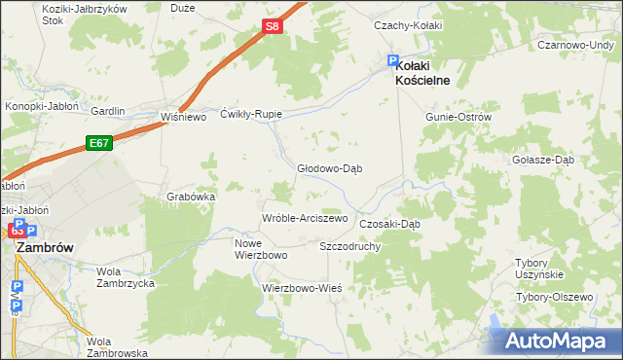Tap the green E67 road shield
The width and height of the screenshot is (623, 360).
(97, 142)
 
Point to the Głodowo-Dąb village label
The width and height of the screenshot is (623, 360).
(329, 167)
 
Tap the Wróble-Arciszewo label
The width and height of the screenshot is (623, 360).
(304, 218)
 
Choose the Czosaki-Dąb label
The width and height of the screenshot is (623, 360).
(389, 223)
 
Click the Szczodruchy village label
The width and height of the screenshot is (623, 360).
(349, 247)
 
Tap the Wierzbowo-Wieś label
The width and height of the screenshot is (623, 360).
(301, 289)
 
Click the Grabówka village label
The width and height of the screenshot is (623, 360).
(190, 197)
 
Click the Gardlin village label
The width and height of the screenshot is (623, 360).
(107, 111)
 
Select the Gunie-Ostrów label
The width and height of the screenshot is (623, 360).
(458, 117)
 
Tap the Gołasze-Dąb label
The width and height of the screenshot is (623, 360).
(546, 160)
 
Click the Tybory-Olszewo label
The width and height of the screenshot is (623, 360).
(554, 297)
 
